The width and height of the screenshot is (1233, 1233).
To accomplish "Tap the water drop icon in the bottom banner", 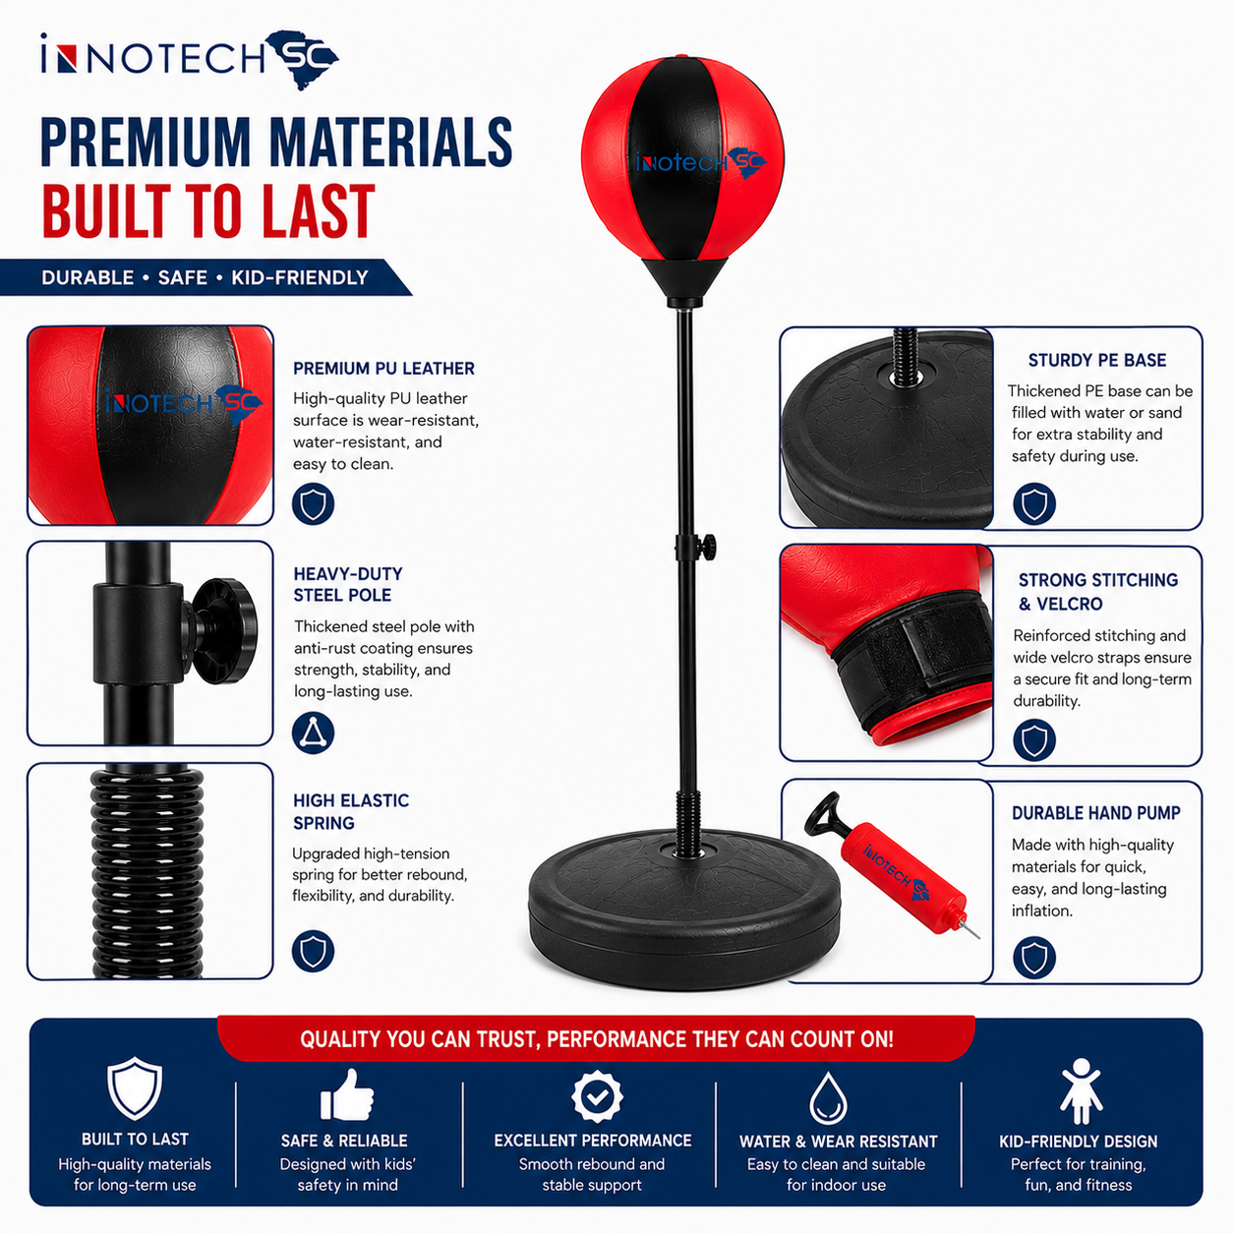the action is click(828, 1098).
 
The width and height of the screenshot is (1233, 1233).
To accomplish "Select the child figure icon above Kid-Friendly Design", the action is click(1081, 1090).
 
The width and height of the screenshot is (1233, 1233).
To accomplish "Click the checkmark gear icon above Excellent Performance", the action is click(597, 1096).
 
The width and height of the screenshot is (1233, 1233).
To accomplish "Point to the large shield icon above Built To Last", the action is click(135, 1088).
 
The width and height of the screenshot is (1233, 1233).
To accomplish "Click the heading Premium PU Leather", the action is click(383, 369).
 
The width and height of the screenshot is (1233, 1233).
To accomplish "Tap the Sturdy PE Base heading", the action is click(1096, 360).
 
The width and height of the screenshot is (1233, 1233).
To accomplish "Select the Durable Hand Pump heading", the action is click(1096, 812).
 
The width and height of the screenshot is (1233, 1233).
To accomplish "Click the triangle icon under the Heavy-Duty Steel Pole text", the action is click(313, 733).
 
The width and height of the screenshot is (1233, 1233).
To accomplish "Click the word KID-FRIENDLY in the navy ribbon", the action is click(300, 277).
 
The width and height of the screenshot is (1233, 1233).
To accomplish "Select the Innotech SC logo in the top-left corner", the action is click(190, 59).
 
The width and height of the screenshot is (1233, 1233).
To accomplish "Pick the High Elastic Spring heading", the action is click(351, 811).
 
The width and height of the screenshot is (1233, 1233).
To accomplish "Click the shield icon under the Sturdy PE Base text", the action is click(1034, 503).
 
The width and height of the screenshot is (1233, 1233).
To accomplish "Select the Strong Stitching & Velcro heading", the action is click(1098, 591).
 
